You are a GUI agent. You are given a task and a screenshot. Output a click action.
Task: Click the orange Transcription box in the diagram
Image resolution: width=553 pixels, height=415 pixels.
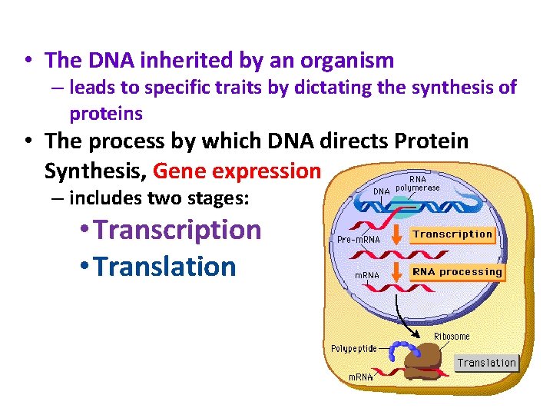point(452,234)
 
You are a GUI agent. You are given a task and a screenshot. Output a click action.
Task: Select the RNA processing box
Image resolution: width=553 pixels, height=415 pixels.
point(457,272)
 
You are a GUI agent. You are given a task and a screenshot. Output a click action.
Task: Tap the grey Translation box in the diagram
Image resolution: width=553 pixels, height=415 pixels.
point(487,363)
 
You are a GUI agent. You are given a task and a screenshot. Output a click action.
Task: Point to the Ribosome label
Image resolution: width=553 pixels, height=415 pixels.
point(452,337)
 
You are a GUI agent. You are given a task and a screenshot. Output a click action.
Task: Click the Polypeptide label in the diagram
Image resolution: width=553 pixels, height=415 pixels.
point(354,348)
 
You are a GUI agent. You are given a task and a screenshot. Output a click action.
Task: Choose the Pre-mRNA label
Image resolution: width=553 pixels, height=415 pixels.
point(358,240)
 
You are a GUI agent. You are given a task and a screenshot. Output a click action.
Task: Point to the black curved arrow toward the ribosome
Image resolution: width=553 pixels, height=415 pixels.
point(404,315)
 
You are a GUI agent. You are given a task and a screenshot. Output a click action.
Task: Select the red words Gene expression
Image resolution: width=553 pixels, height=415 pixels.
point(237,170)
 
